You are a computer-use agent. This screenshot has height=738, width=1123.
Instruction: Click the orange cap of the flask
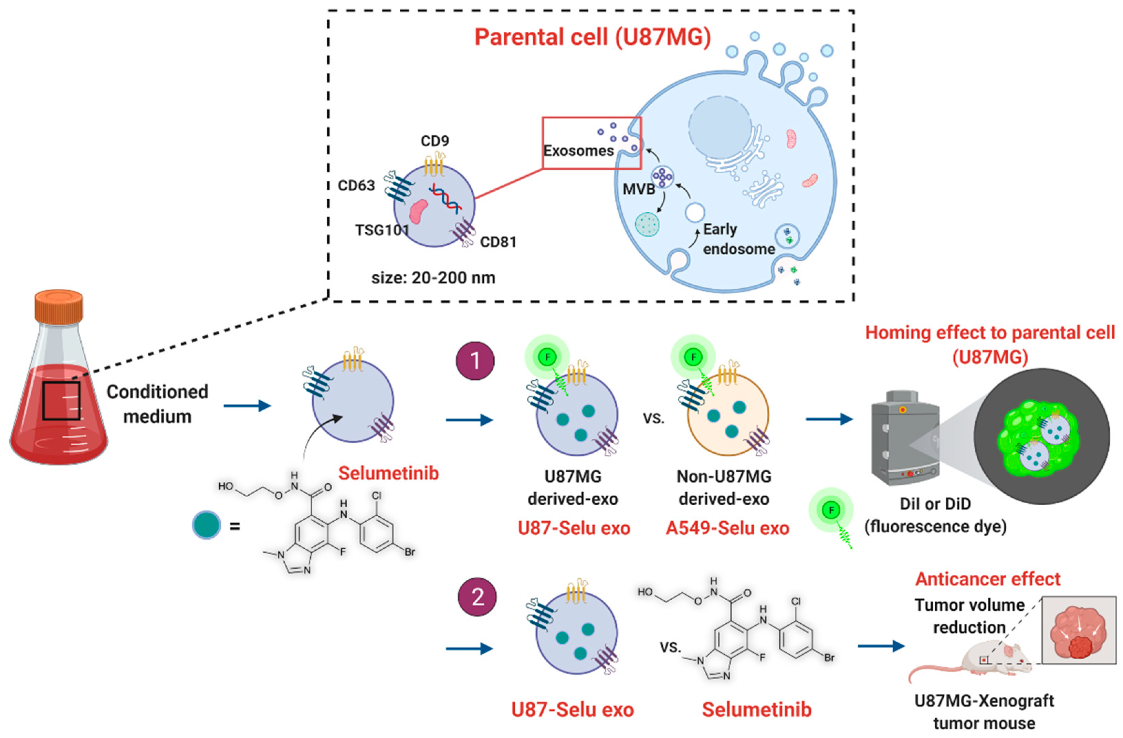click(59, 307)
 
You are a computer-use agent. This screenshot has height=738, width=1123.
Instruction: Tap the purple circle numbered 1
click(475, 361)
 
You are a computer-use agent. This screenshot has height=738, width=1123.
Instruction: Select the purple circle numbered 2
click(477, 597)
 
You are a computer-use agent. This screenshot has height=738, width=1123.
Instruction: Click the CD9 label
click(434, 141)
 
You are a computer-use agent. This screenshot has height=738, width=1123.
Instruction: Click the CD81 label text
click(498, 242)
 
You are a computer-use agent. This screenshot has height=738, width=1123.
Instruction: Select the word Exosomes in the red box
click(578, 150)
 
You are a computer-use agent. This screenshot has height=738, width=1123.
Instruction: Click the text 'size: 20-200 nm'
click(433, 277)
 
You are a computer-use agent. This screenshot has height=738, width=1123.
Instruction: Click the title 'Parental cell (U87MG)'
click(592, 37)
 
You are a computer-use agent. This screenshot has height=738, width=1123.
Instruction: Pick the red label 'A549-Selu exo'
click(727, 528)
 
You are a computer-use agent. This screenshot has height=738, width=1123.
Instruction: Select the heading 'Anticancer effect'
click(988, 579)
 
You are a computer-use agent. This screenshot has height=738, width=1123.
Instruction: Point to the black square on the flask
click(61, 401)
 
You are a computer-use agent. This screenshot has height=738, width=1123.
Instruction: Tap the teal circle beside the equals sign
click(206, 525)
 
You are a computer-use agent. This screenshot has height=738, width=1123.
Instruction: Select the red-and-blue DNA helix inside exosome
click(444, 199)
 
